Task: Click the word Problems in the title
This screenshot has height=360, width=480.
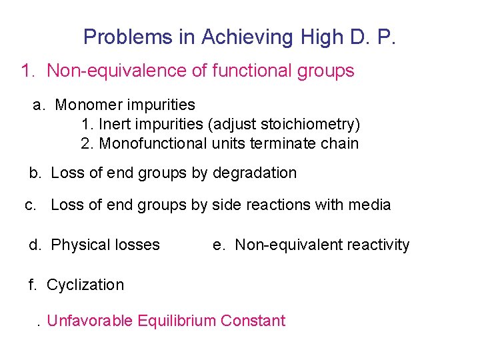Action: (127, 37)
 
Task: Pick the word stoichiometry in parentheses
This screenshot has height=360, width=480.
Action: (315, 124)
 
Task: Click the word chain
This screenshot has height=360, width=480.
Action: (339, 143)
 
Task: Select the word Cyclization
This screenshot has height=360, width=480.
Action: (85, 285)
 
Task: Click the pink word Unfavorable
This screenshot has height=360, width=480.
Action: (90, 321)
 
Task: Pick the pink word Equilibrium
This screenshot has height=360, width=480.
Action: (177, 321)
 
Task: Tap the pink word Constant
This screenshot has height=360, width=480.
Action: (253, 321)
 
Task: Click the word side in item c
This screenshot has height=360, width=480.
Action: (225, 205)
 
